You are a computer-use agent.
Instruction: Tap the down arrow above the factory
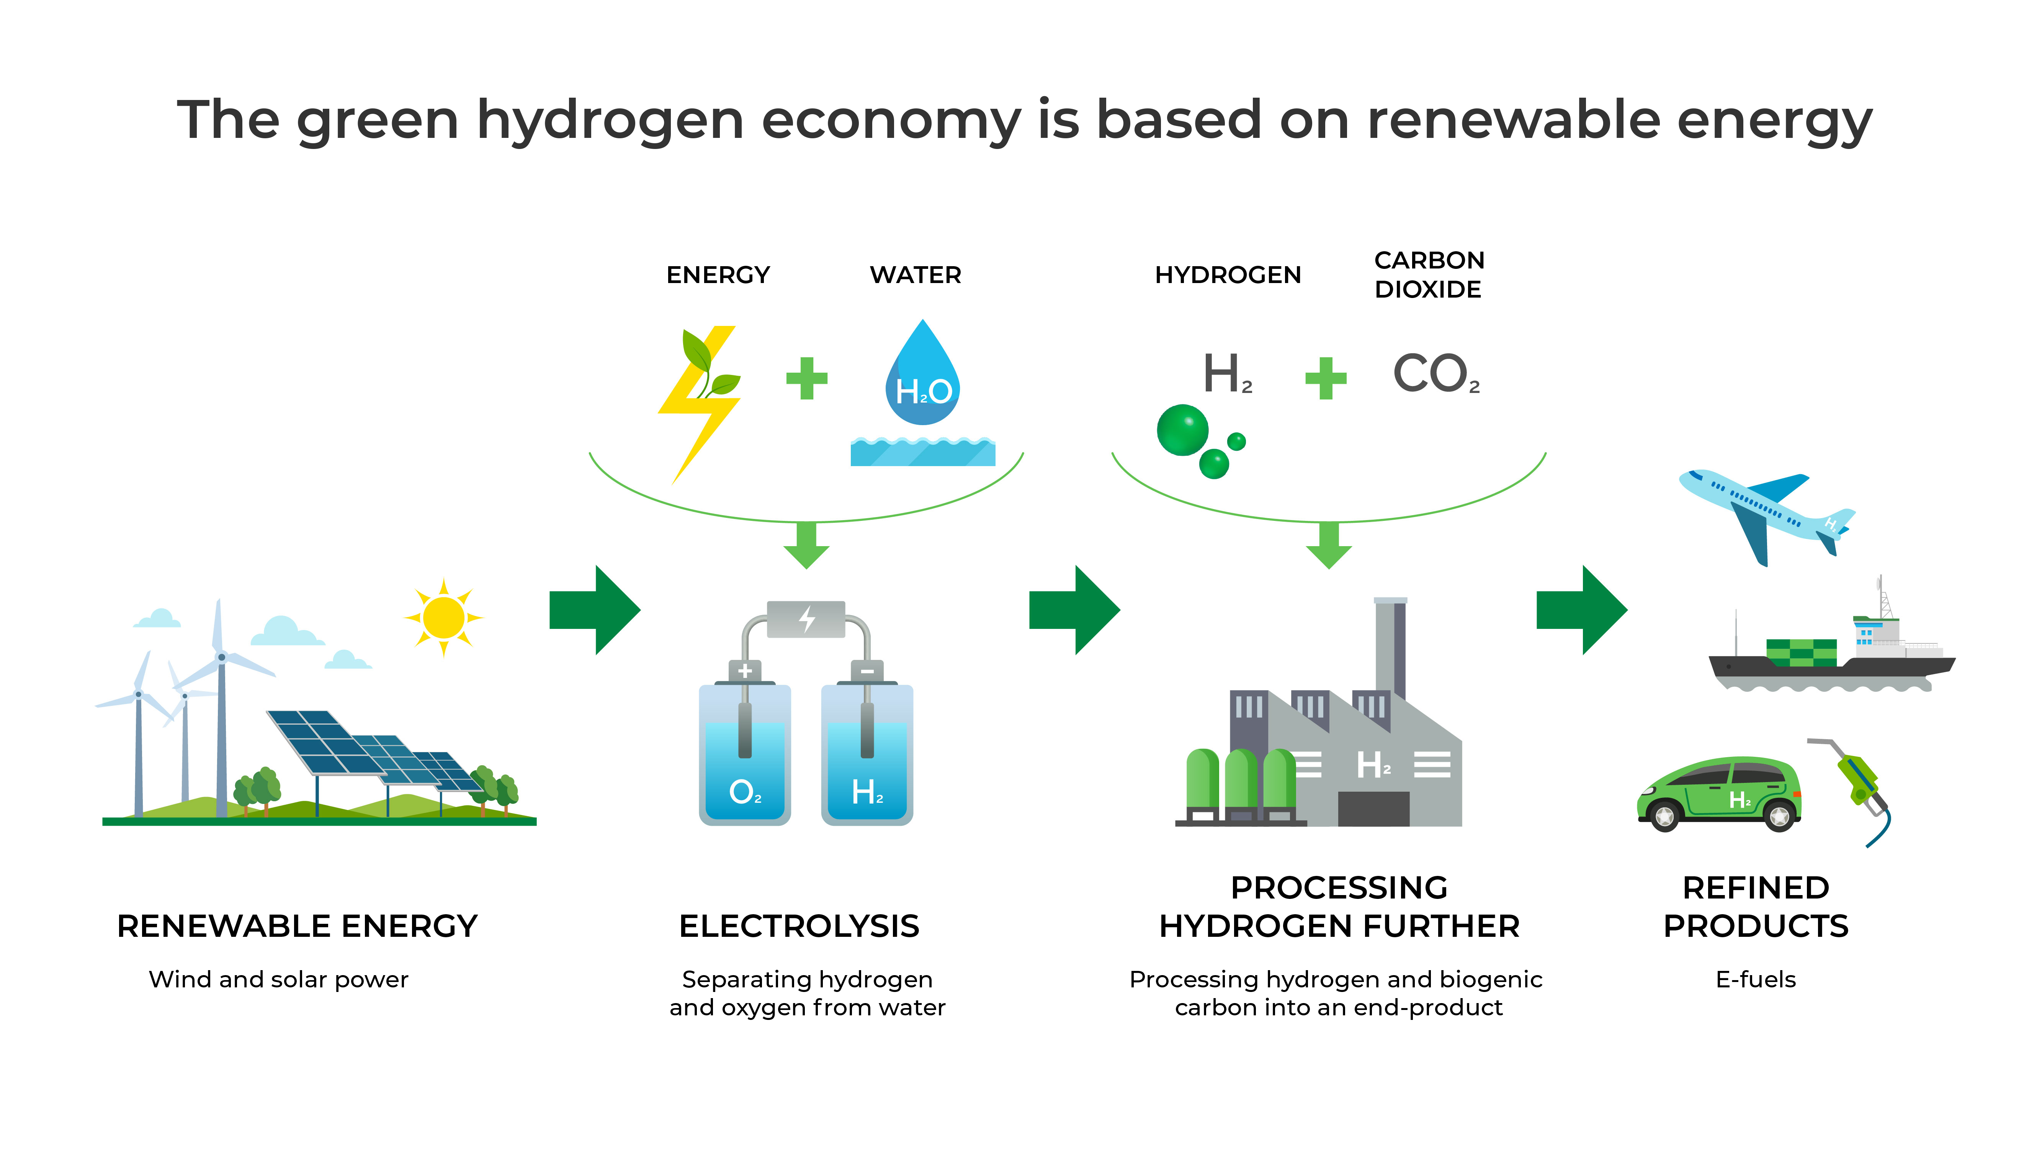pyautogui.click(x=1329, y=545)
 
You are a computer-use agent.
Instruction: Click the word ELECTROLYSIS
pyautogui.click(x=799, y=926)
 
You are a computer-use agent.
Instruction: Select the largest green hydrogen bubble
pyautogui.click(x=1182, y=430)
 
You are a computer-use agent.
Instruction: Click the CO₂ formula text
pyautogui.click(x=1435, y=374)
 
